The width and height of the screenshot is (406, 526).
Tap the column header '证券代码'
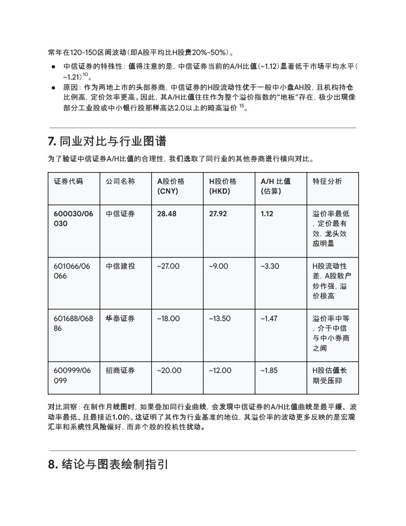[x=68, y=181]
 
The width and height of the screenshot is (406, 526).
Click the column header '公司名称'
[x=120, y=181]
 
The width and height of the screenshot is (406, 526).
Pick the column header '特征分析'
[x=327, y=181]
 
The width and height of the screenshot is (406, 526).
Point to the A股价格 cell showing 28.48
[x=166, y=214]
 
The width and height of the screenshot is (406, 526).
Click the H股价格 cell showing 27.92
[x=218, y=214]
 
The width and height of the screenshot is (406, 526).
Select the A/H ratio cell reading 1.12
[x=267, y=214]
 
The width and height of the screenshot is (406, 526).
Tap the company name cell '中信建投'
[x=120, y=266]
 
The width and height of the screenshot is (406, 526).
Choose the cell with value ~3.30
[x=269, y=266]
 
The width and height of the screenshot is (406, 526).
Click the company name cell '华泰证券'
[x=120, y=318]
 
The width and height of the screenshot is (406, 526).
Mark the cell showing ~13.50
[x=220, y=318]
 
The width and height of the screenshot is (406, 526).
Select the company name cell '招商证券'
[x=120, y=370]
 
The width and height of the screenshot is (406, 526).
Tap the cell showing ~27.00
[x=168, y=266]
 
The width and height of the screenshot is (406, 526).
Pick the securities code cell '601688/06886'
[x=73, y=323]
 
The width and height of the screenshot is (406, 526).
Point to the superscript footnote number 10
[x=85, y=74]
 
